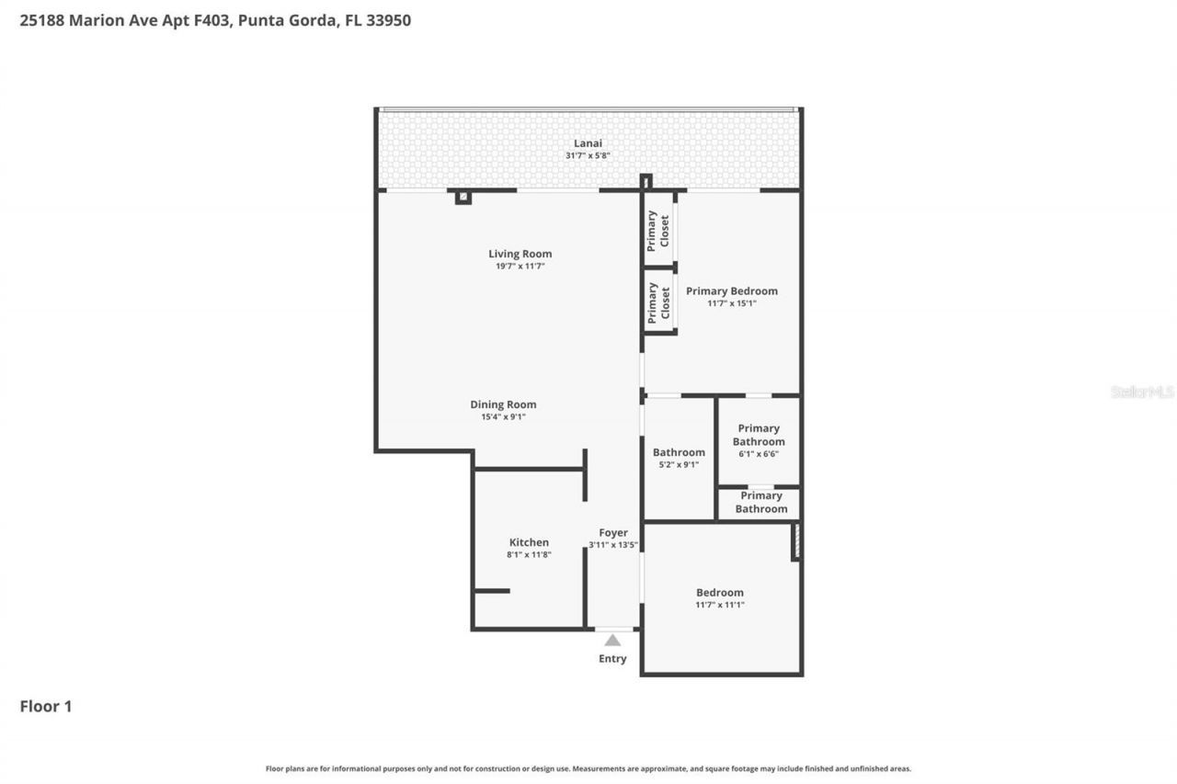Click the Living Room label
coord(520,254)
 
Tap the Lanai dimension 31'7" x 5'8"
coord(588,156)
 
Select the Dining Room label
coord(503,404)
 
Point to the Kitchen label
coord(529,542)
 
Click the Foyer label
coord(613,533)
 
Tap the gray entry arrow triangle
coord(612,641)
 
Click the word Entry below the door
coord(612,659)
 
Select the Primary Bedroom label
coord(731,291)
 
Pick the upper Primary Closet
coord(658,231)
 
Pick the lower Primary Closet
coord(658,302)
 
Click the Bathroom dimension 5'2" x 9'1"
coord(679,464)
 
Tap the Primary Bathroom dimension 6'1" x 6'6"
coord(759,453)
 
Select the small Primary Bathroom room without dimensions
coord(760,503)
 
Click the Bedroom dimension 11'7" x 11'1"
coord(720,605)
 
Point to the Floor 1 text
coord(46,706)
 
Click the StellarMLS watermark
coord(1142,392)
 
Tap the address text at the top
coord(215,19)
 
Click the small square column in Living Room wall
coord(463,197)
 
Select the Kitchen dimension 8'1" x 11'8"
coord(529,555)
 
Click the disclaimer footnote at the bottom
coord(588,768)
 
